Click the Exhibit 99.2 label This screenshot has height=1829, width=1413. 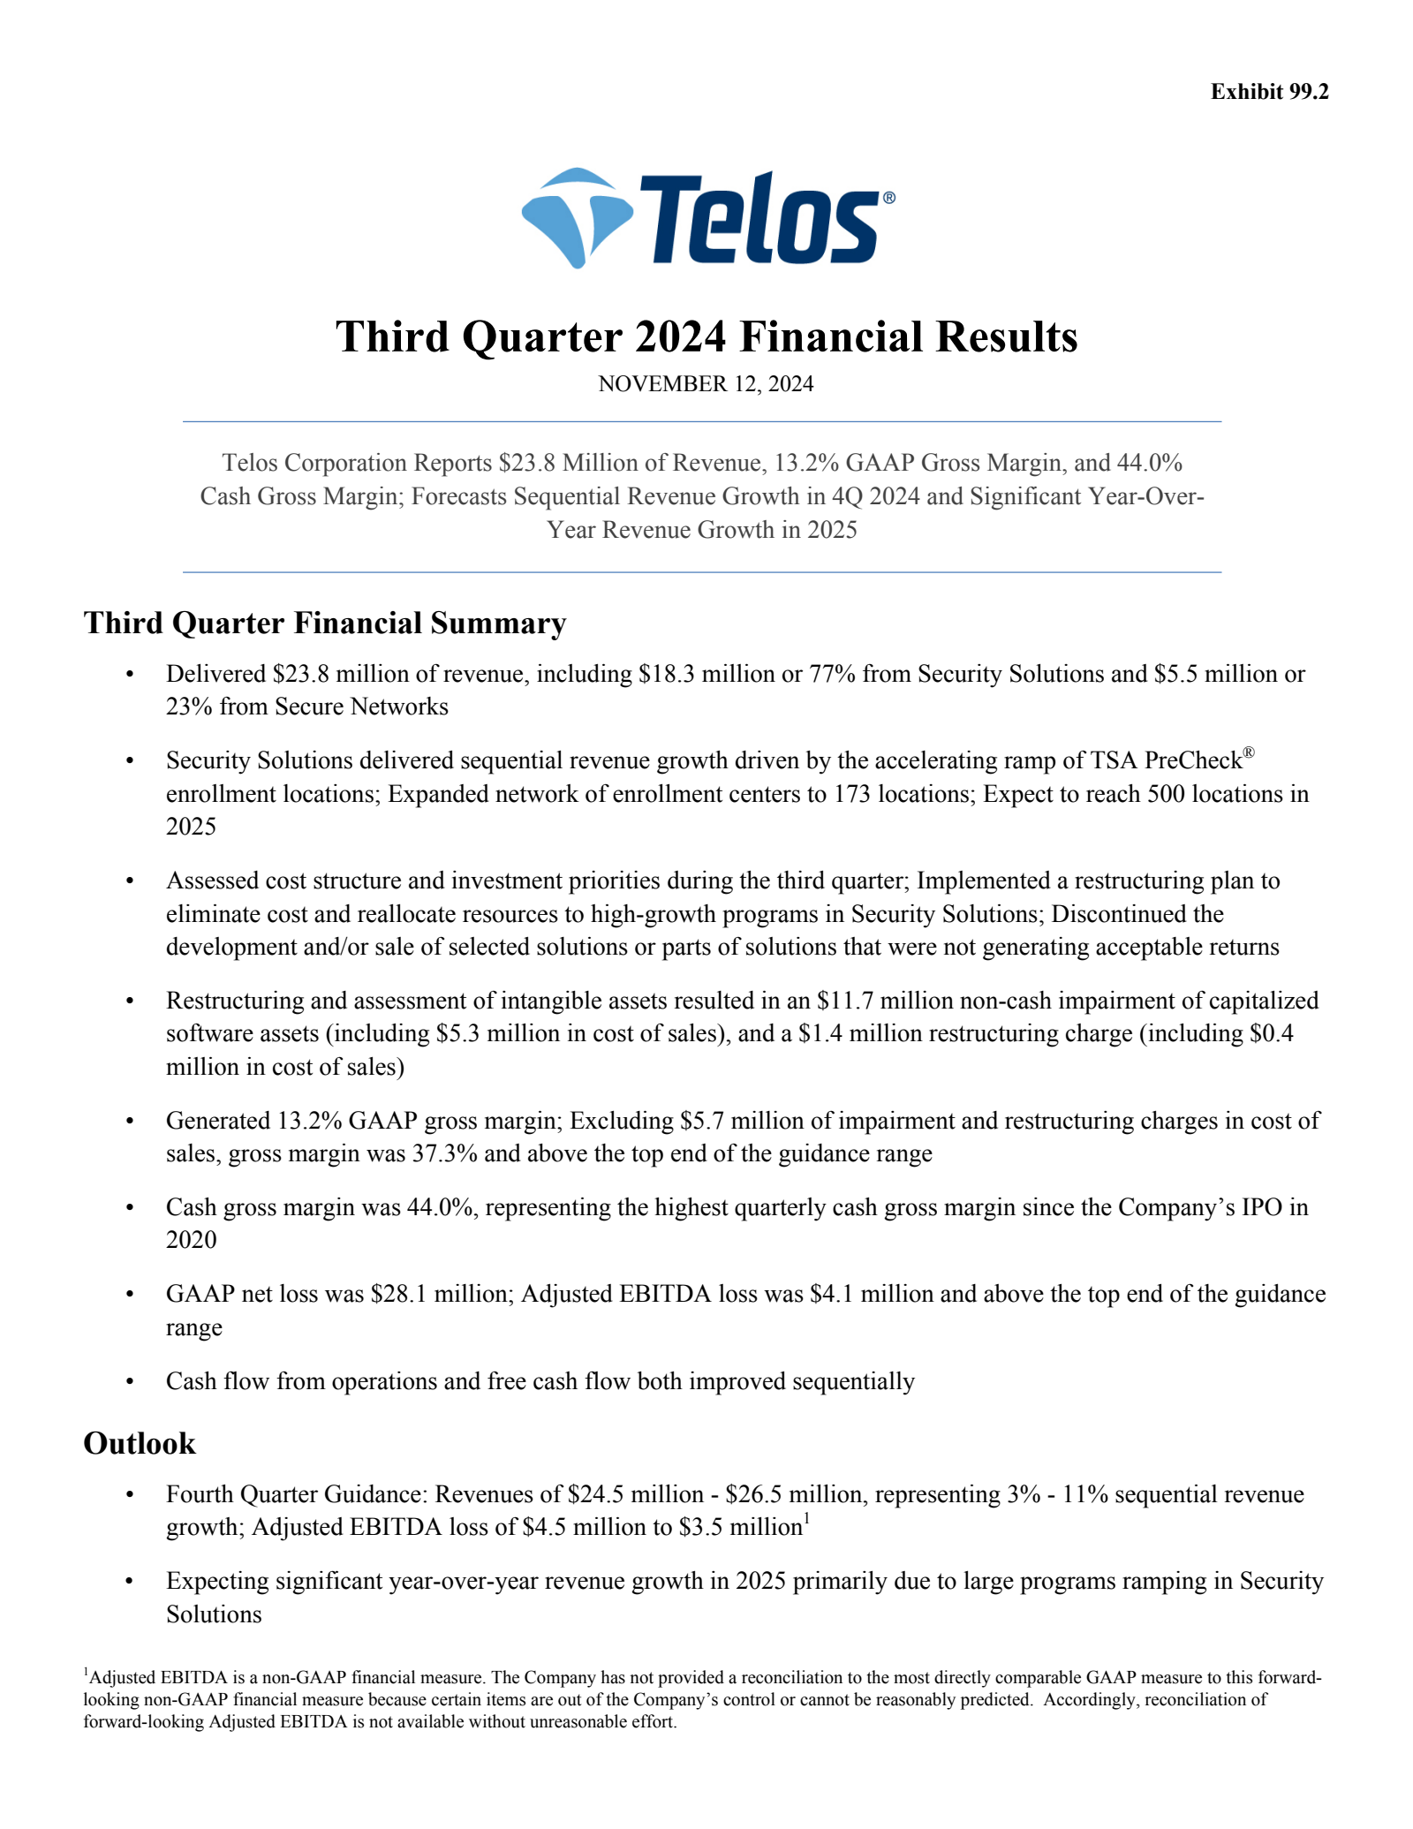(x=1269, y=92)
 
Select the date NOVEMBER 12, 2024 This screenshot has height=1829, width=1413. (x=706, y=384)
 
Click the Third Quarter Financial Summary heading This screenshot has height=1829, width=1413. (x=324, y=623)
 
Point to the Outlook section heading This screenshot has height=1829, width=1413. (x=140, y=1443)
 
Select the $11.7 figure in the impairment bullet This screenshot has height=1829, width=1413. (x=843, y=1001)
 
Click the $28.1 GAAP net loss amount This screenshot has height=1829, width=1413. (x=396, y=1294)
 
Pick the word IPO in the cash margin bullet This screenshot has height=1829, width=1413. (x=1259, y=1207)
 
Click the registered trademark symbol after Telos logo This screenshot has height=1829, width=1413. (x=888, y=199)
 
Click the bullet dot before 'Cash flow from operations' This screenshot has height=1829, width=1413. (x=130, y=1381)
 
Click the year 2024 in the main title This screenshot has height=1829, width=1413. (x=679, y=337)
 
